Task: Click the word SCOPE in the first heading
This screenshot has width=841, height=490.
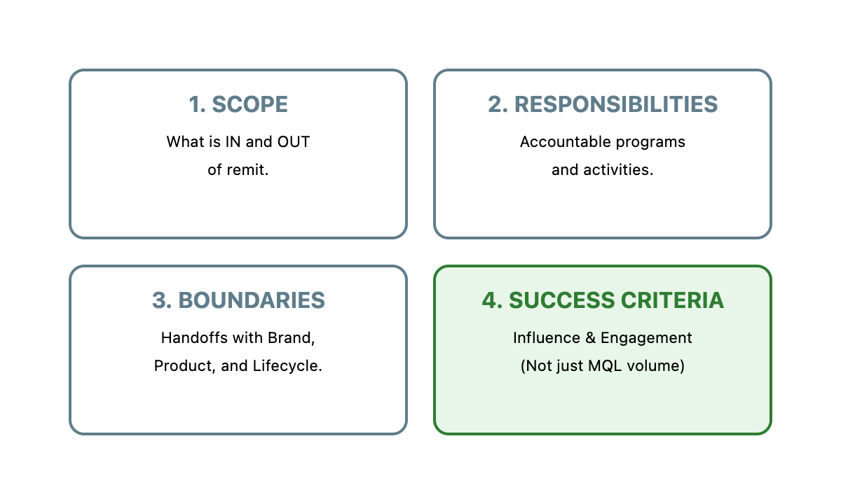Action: (x=250, y=104)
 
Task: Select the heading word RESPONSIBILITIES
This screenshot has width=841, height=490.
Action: (x=616, y=104)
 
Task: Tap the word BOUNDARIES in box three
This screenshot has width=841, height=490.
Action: (x=252, y=300)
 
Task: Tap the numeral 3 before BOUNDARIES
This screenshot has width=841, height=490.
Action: (x=160, y=300)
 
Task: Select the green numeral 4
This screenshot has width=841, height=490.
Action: (x=490, y=300)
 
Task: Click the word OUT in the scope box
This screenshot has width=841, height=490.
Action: (x=294, y=141)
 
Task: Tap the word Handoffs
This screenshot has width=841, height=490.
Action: (x=194, y=338)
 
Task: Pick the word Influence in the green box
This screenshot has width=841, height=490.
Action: (x=547, y=338)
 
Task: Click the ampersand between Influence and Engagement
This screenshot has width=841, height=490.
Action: (x=591, y=338)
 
